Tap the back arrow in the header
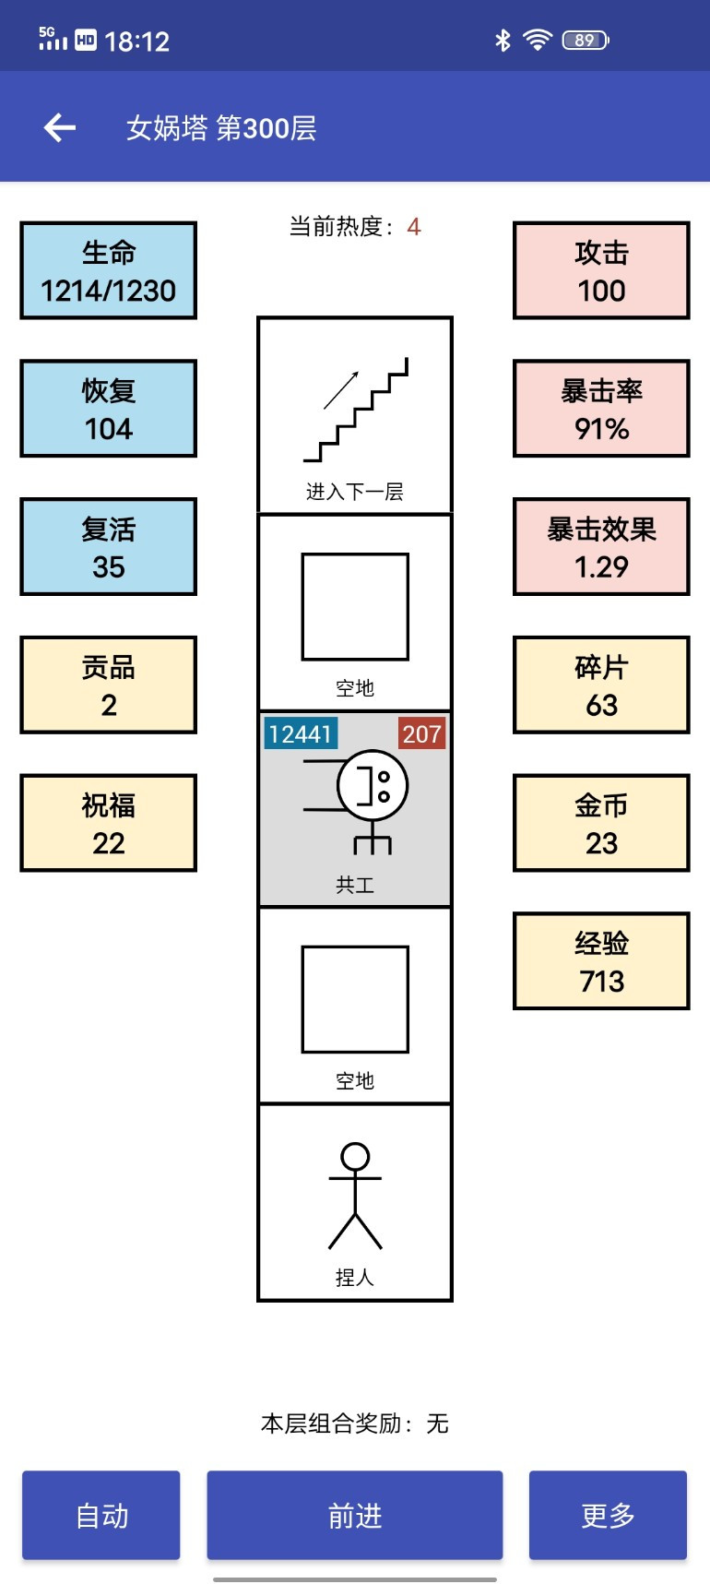coord(60,127)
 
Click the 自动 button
coord(101,1515)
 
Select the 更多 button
coord(608,1515)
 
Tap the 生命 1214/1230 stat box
coord(109,270)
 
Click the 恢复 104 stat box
coord(109,409)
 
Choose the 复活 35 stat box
coord(109,547)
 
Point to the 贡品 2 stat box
coord(109,685)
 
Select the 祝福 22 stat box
coord(109,823)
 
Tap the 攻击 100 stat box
coord(601,270)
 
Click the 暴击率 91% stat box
coord(601,409)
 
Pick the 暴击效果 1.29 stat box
coord(601,547)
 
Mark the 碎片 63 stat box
coord(601,685)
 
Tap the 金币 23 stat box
coord(601,823)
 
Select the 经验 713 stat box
coord(601,961)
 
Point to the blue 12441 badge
coord(301,733)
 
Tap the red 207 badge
coord(422,733)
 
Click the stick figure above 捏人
coord(355,1196)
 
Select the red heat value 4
coord(414,227)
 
